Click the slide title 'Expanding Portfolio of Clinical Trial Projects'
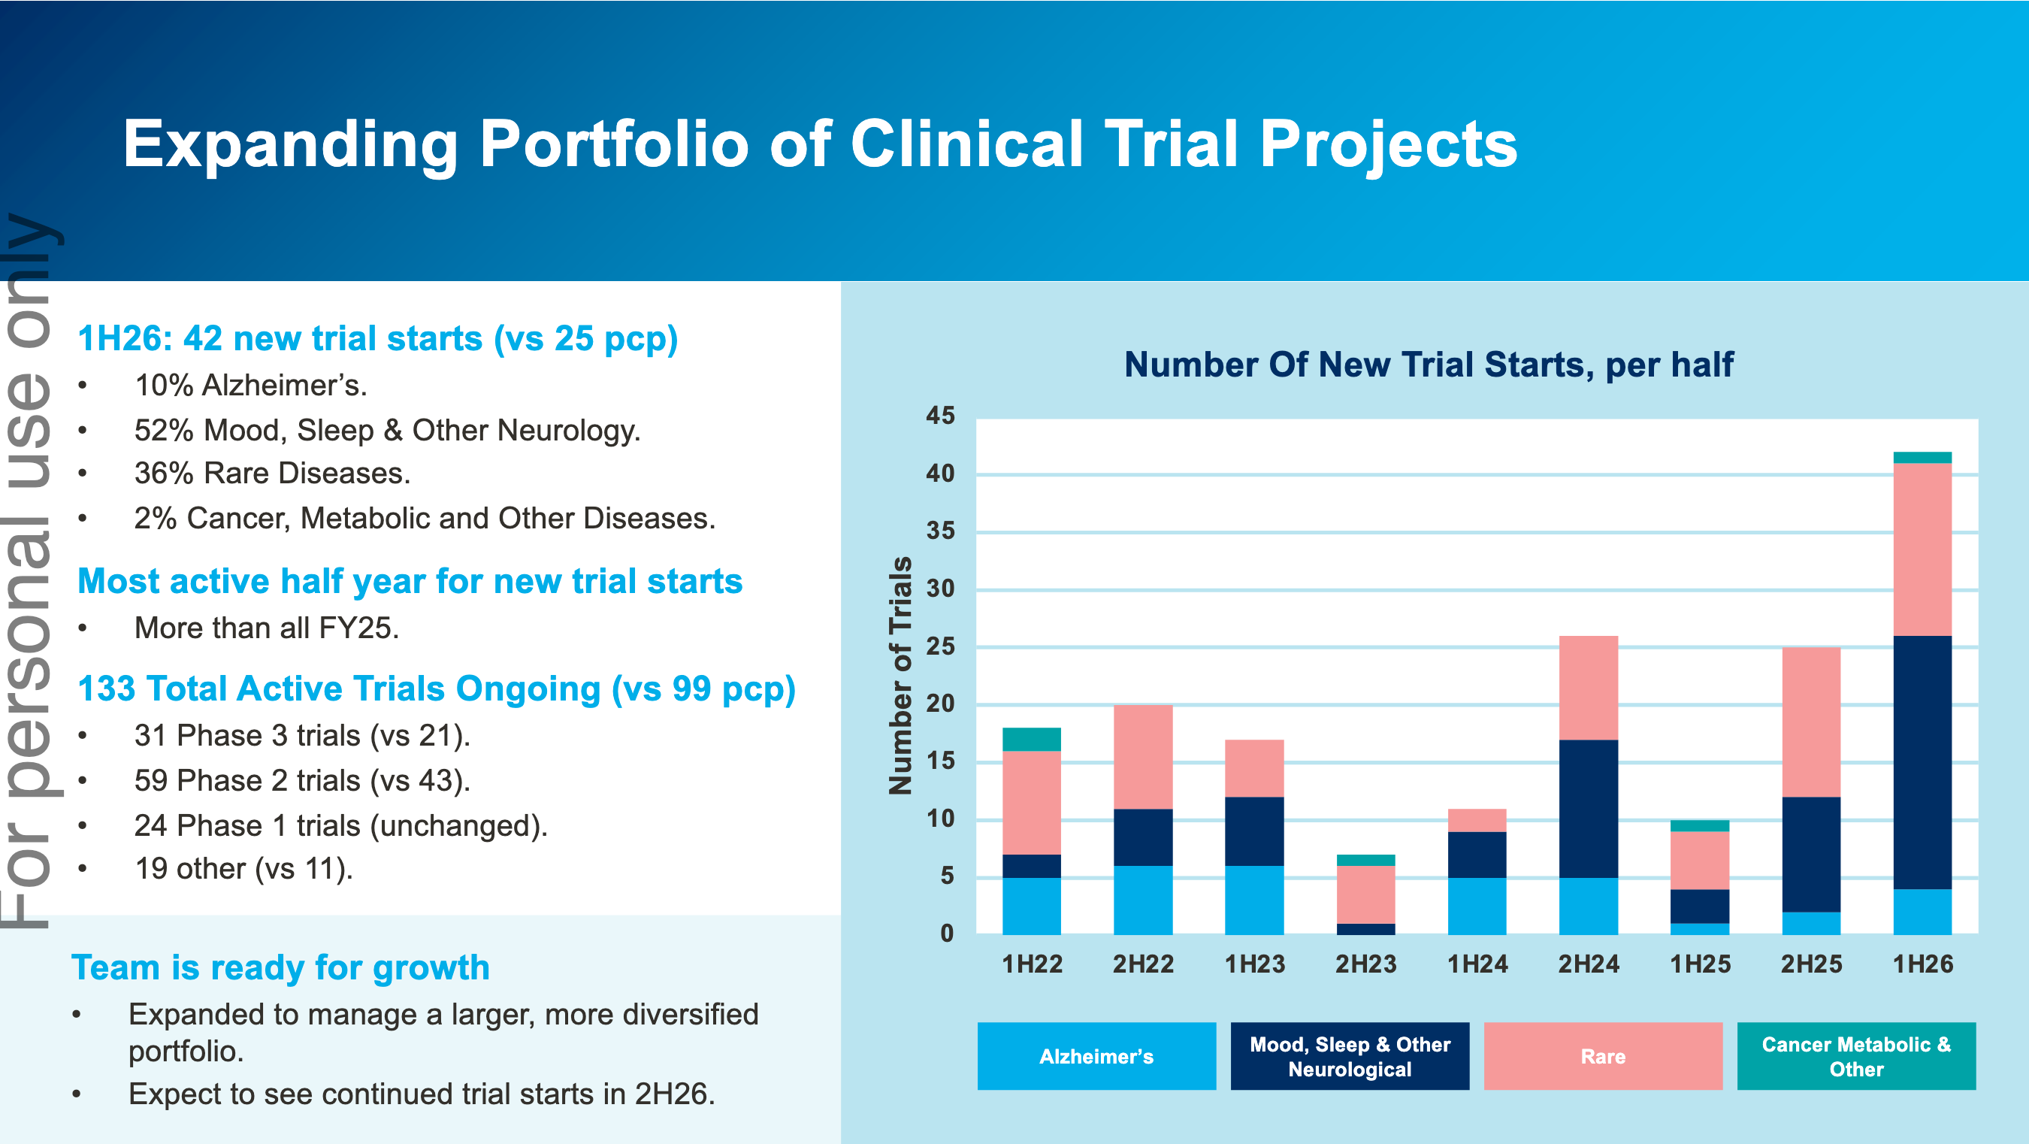(819, 144)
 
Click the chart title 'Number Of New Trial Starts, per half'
(1428, 365)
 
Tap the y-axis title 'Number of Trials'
(900, 675)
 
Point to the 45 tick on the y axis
(940, 416)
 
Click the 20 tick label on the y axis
(940, 704)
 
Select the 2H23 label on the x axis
(1365, 964)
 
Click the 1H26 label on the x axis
(1923, 964)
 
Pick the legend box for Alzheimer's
(1096, 1056)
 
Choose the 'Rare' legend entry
(1602, 1056)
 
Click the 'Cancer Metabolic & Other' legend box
(1855, 1056)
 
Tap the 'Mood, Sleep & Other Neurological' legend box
(1349, 1056)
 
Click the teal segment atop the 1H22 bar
(1031, 739)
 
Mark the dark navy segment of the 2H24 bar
(1588, 808)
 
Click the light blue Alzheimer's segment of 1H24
(1477, 905)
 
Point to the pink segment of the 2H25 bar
(1811, 722)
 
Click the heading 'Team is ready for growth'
(280, 967)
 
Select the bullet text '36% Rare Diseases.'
(272, 474)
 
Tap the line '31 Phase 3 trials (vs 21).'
(301, 735)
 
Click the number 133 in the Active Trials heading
(106, 689)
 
